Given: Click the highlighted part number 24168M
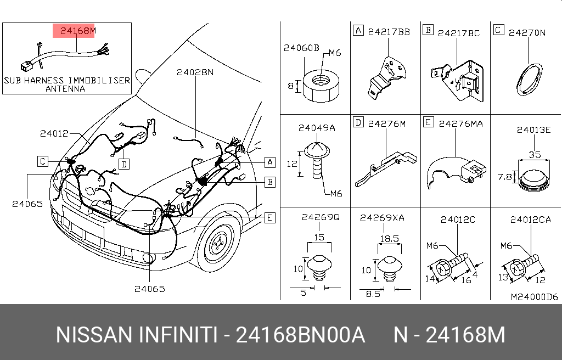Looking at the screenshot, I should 74,31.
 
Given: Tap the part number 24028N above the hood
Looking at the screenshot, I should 195,72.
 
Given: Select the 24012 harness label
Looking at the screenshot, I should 54,133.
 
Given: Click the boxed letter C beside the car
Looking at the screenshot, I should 43,161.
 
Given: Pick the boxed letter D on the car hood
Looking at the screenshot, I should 125,164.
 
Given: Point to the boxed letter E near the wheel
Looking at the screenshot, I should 269,218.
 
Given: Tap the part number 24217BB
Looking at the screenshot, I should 389,32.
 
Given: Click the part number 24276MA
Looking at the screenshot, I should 460,124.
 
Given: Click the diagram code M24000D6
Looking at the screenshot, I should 534,297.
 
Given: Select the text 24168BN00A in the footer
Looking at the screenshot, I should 300,335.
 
